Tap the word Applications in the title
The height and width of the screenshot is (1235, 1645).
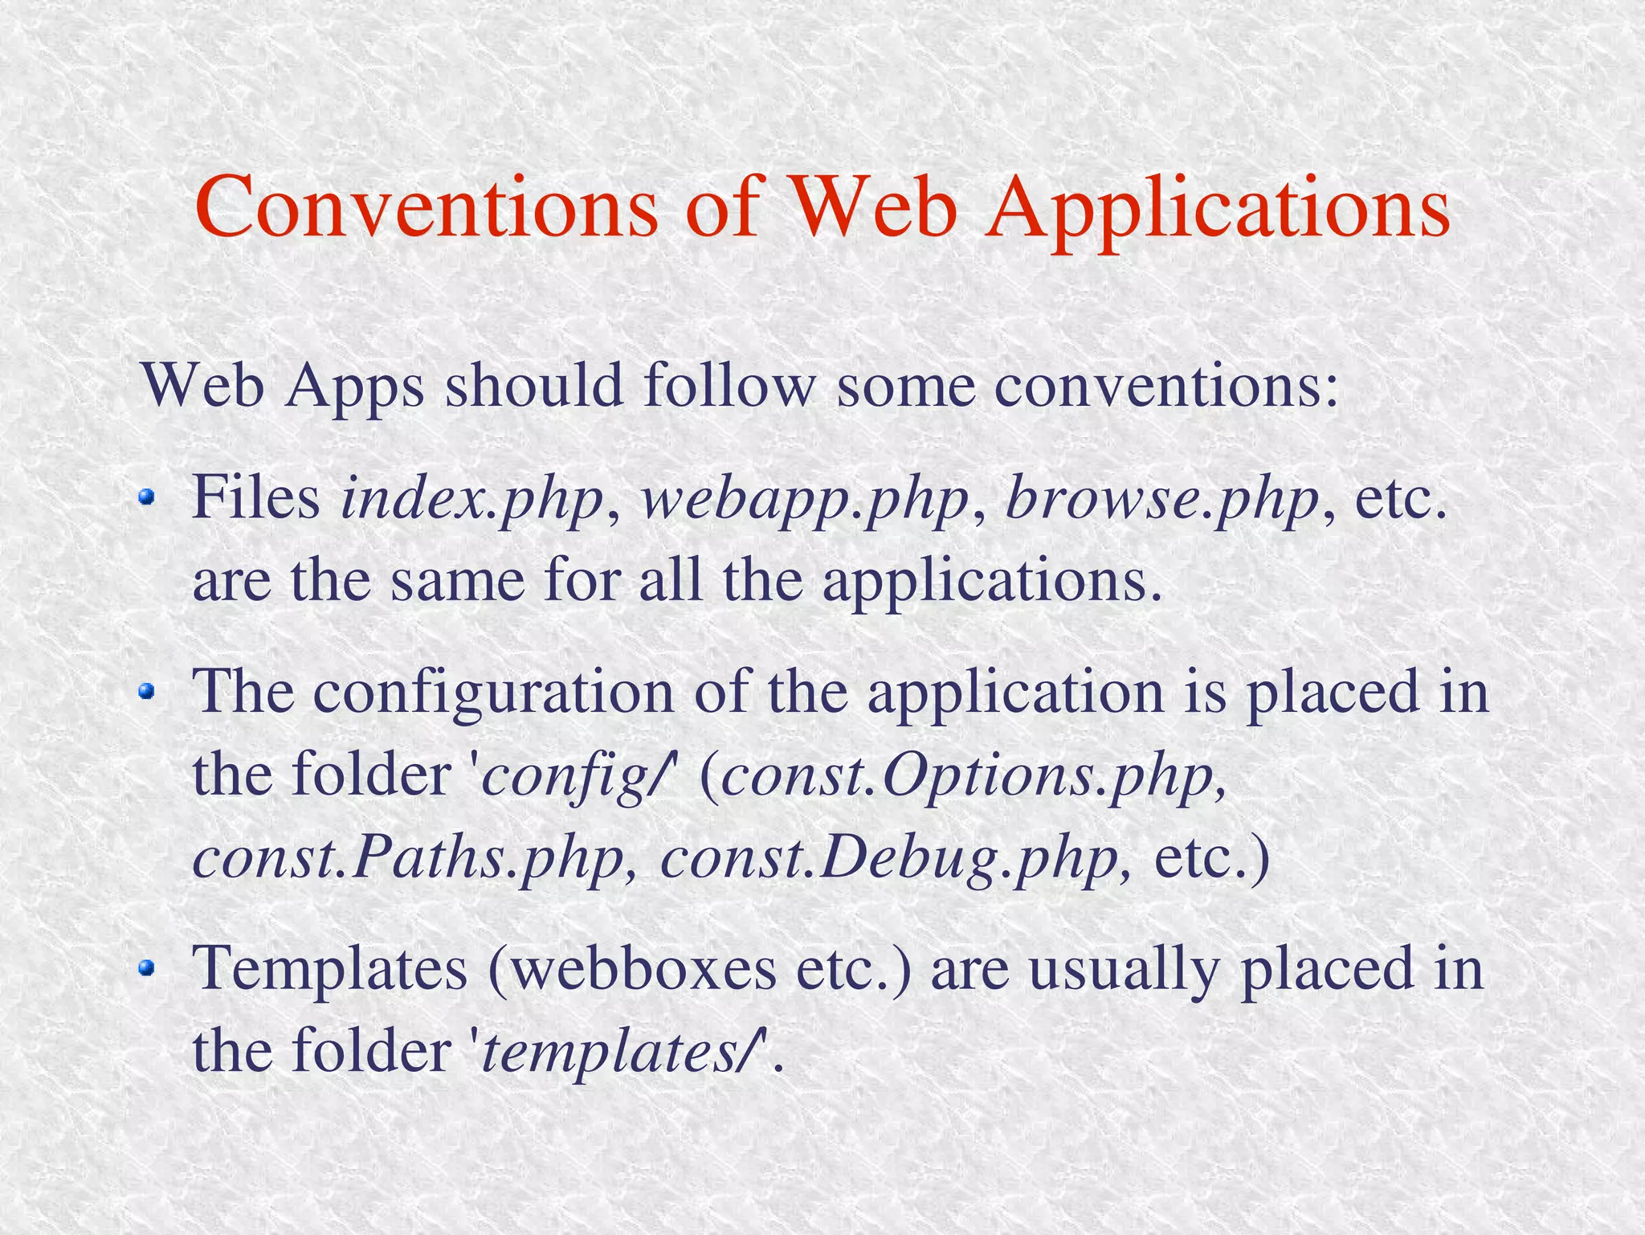(1218, 211)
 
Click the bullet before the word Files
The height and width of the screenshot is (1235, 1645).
(145, 498)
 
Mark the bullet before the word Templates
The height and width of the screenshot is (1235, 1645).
(145, 967)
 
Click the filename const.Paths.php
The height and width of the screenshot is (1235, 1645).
(409, 859)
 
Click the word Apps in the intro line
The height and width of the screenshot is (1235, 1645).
(354, 386)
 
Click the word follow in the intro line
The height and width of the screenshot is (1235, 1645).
(729, 386)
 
